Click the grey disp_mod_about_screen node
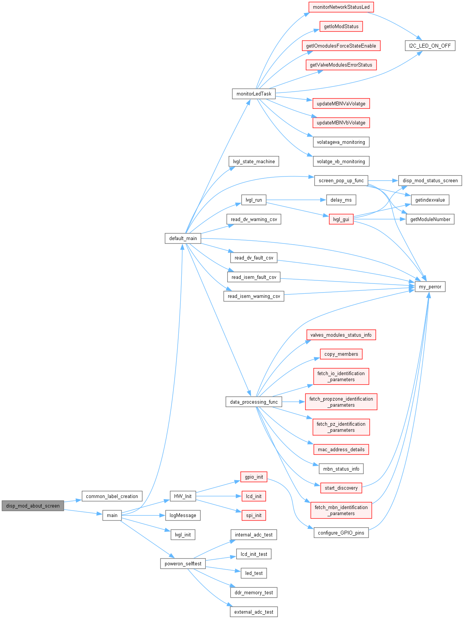(33, 506)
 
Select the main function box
(112, 515)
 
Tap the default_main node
(183, 238)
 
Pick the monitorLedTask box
(254, 94)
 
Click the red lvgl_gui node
(341, 219)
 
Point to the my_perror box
(430, 286)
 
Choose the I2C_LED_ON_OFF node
(430, 46)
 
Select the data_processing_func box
(254, 402)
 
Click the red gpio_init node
(254, 477)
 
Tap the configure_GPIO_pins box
(341, 533)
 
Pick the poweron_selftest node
(183, 563)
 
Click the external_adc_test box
(254, 612)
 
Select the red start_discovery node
(341, 488)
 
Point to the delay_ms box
(341, 200)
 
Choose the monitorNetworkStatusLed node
(341, 7)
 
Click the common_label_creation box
(112, 496)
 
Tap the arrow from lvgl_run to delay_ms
(296, 200)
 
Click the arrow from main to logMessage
(143, 515)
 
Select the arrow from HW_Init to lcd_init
(219, 496)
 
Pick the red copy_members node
(341, 354)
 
